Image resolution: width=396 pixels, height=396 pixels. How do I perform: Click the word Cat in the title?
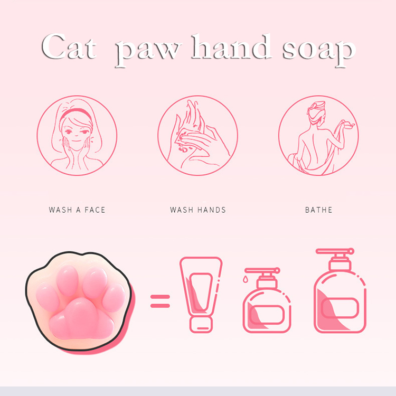tap(69, 49)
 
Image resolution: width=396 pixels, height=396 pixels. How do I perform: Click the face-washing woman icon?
tap(77, 135)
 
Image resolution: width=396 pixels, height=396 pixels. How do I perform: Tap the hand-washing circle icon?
tap(198, 135)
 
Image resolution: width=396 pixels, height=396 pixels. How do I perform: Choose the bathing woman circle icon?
tap(318, 135)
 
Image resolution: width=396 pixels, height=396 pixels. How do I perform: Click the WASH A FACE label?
tap(77, 210)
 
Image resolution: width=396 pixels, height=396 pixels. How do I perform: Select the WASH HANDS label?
tap(198, 210)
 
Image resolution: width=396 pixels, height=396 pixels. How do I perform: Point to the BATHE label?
tap(319, 210)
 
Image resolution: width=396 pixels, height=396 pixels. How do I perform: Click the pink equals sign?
tap(161, 300)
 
